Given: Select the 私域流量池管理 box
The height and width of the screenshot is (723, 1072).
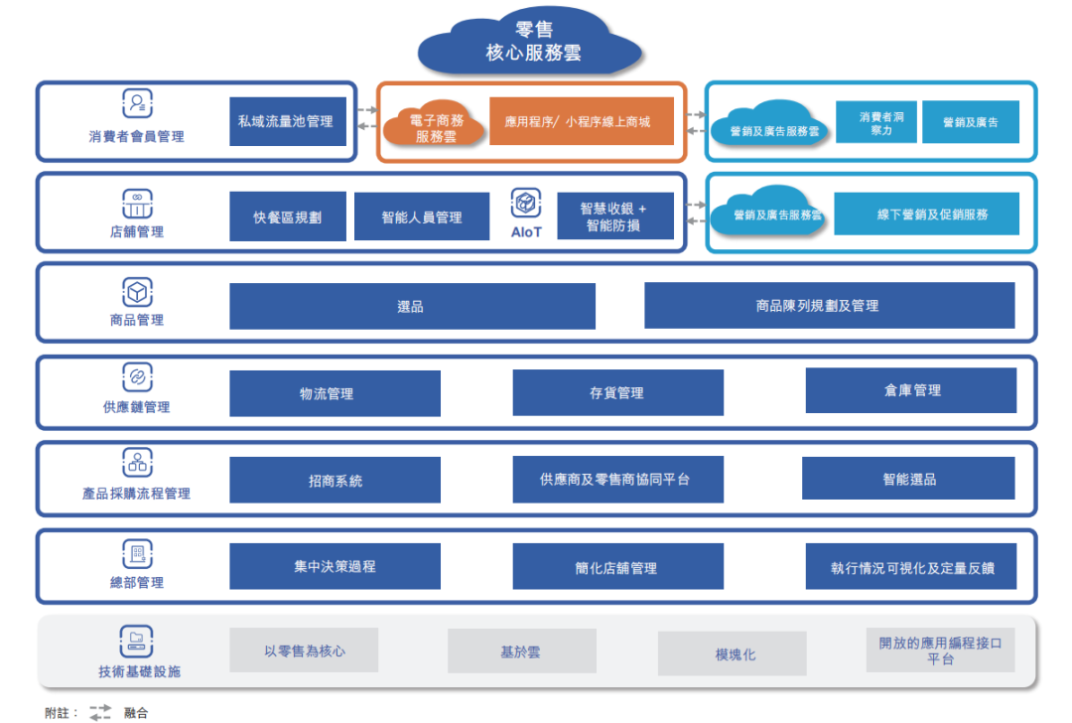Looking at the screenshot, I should pos(288,121).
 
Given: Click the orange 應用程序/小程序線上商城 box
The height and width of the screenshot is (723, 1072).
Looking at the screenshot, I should pos(582,121).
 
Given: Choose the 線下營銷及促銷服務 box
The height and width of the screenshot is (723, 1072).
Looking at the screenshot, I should pos(926,214).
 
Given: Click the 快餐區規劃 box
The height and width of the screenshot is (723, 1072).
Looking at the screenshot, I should pos(288,217).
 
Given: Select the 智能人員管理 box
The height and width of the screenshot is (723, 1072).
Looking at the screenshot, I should pos(421,217).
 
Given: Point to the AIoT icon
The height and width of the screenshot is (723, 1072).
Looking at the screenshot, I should pos(526,205).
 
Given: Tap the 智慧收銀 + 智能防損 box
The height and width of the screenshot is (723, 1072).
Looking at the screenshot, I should pos(614,217).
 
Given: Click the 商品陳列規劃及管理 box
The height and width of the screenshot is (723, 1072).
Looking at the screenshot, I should pos(829,306).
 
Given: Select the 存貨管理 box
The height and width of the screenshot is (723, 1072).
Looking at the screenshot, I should pos(616,393).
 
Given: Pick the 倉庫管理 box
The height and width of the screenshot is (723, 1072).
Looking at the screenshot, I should pos(911,390).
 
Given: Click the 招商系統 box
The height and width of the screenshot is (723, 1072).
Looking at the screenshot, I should pos(335,480).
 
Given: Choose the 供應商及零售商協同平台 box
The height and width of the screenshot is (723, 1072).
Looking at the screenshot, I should pos(616,480).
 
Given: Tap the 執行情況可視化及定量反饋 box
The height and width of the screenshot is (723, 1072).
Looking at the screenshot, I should pos(911,568).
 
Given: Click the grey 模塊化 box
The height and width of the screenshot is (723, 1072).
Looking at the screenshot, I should pos(732,654).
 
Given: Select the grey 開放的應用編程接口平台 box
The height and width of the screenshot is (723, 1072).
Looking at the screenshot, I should pos(940,651).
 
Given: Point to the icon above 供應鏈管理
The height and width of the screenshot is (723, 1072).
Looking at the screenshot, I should pos(137,377).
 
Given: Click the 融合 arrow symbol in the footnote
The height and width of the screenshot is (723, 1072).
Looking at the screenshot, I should pos(100,711).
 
